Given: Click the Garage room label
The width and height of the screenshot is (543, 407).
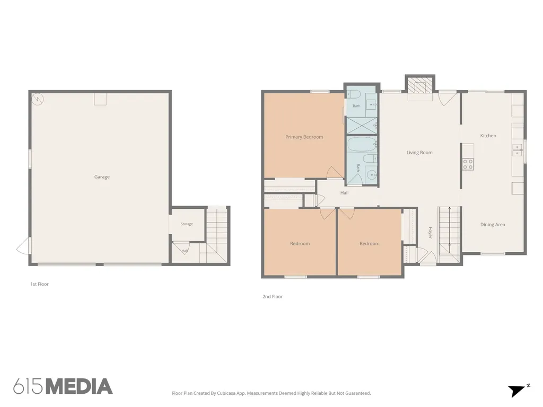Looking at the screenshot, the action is coord(102,177).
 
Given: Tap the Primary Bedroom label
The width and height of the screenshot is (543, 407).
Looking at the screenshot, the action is coord(304,137).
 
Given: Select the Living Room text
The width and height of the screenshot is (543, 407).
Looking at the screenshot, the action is coord(419,153).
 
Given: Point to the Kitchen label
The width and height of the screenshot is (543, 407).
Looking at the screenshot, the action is coord(488,136).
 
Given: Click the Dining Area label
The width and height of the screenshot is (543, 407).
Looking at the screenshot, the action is coord(493,225).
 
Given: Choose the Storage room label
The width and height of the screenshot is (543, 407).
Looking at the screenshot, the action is coord(187,224).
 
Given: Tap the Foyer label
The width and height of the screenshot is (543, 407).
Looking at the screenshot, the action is coord(430,233).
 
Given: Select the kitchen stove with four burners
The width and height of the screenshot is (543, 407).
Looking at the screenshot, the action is coord(468,164).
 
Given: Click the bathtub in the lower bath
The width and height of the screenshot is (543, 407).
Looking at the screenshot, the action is coord(362,145).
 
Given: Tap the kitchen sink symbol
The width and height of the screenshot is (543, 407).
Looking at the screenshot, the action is coord(518,150).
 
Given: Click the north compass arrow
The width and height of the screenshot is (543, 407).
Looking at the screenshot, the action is coord(518,391).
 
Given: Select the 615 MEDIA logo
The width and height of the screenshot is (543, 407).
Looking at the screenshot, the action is coord(63,386).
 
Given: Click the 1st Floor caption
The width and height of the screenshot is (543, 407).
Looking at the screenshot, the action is coord(39,284).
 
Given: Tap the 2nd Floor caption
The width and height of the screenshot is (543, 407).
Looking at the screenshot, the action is coord(273,297).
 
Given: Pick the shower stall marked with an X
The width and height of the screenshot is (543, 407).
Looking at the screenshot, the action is coord(361,126).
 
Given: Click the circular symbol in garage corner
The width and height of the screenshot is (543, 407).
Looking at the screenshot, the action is coord(37,99).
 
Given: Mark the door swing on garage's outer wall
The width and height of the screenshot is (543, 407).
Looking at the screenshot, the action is coord(23,246).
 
